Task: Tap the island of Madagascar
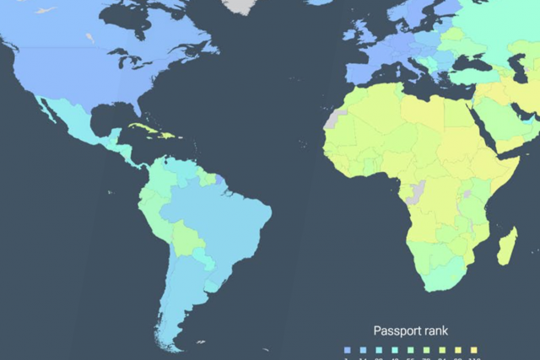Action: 508,245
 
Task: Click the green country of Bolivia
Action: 188,238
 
